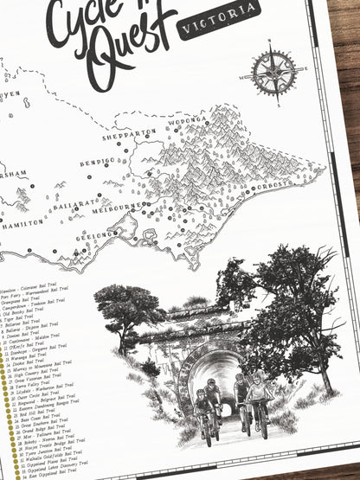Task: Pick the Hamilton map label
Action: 21,222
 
